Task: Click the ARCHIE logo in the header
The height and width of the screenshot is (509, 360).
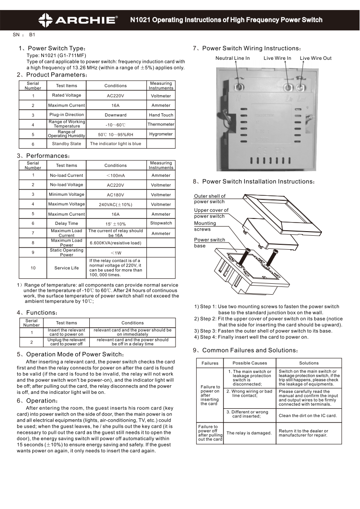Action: click(x=78, y=19)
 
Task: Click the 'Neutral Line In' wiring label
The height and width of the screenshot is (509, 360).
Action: click(x=232, y=58)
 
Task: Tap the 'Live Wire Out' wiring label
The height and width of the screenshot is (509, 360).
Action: click(x=316, y=58)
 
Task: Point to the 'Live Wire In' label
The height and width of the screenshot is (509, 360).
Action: click(x=277, y=58)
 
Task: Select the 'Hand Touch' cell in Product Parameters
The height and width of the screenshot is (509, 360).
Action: click(x=161, y=115)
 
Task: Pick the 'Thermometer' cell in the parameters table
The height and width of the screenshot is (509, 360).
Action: click(x=161, y=124)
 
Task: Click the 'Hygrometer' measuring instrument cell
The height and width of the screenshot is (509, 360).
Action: click(x=161, y=134)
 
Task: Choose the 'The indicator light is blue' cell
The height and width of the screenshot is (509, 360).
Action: click(x=116, y=144)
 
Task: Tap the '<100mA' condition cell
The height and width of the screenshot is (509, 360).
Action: click(x=116, y=175)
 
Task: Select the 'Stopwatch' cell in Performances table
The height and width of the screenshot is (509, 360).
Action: click(x=161, y=223)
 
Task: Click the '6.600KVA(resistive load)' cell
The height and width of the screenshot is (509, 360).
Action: click(x=116, y=243)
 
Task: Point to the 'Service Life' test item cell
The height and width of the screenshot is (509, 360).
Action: click(x=67, y=268)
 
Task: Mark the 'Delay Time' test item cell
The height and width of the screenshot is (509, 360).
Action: click(x=67, y=223)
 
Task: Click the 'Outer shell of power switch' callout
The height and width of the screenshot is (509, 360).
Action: click(x=209, y=199)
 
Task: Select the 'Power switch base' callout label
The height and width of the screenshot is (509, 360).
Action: click(x=209, y=242)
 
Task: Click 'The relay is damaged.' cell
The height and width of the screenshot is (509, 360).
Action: click(x=249, y=433)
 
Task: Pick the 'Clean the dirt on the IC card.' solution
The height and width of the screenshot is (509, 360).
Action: click(x=308, y=416)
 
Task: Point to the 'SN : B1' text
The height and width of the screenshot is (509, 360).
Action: click(x=24, y=34)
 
